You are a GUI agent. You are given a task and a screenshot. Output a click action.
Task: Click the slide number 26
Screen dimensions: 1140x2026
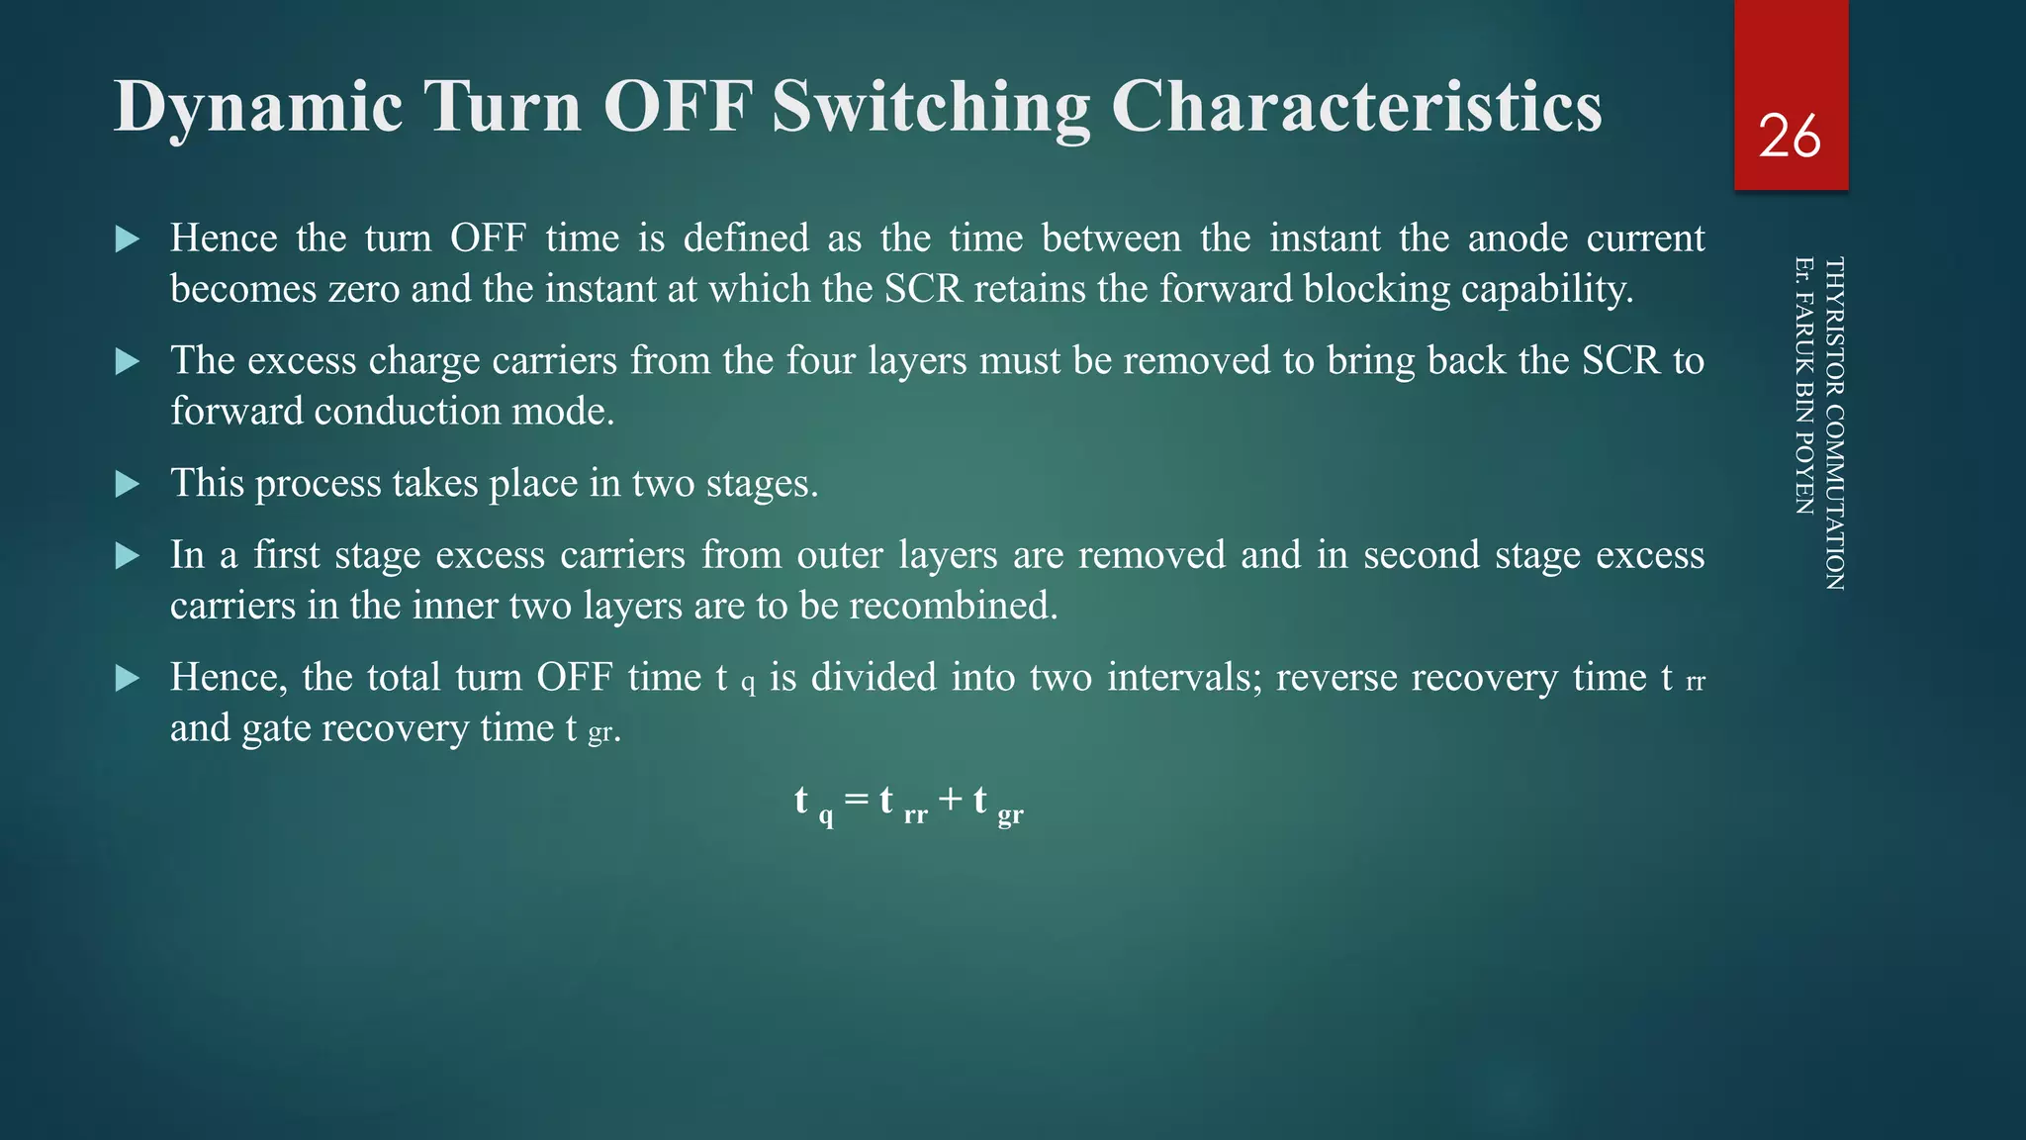(1790, 137)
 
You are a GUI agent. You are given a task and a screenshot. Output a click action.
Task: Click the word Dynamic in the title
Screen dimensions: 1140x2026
(258, 107)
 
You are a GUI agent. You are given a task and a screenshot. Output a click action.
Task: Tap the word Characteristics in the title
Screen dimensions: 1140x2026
(1356, 107)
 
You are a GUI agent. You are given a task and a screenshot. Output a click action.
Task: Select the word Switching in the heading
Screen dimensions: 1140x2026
(930, 107)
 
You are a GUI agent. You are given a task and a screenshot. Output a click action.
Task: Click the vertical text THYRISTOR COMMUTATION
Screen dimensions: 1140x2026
(1833, 424)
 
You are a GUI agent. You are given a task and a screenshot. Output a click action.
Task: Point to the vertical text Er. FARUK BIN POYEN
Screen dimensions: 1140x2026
(1803, 386)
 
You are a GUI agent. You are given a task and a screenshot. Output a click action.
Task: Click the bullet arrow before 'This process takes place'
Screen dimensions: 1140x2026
(128, 484)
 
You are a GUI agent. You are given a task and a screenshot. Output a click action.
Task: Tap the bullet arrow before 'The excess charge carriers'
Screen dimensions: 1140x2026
(128, 361)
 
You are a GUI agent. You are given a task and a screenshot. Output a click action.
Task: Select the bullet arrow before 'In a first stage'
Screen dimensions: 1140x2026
(128, 555)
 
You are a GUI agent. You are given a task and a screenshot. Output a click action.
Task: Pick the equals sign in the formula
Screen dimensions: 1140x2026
(857, 800)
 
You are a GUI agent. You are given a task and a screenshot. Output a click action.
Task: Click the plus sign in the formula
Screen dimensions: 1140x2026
(951, 800)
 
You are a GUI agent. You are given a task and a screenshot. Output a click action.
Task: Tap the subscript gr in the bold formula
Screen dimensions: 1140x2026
(1010, 815)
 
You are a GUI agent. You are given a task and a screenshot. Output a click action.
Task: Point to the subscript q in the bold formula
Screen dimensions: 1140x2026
(826, 817)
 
